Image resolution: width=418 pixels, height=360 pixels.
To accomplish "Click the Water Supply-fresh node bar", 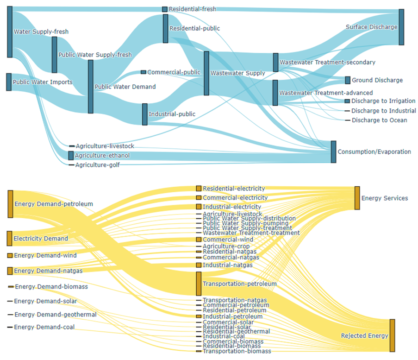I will [10, 32].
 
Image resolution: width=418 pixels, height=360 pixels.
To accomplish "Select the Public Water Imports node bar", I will [9, 82].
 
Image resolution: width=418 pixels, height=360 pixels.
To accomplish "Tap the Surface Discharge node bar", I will [401, 27].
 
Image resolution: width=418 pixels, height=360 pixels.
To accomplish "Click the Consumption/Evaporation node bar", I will [333, 152].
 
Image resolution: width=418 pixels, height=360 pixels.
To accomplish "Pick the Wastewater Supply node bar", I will [206, 73].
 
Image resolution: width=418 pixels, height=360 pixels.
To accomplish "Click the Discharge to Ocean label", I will [379, 120].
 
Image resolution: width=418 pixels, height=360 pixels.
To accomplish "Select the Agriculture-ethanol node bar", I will [71, 156].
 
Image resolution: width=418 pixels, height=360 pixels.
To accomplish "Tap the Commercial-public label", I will [174, 72].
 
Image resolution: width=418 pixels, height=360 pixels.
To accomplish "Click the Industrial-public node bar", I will [145, 114].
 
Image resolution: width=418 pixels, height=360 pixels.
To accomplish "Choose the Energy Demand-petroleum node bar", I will [10, 203].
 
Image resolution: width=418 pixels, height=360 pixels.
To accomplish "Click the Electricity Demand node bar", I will [9, 239].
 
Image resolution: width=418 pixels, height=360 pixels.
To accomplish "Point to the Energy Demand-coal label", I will [44, 327].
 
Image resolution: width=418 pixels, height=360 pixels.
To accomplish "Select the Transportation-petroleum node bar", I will [199, 284].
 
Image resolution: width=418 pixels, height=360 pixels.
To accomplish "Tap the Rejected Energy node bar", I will [392, 335].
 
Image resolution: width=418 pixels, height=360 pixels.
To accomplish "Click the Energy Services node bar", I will [357, 198].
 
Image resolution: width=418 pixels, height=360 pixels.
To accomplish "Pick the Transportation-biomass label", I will [237, 351].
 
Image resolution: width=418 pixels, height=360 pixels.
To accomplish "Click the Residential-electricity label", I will [234, 189].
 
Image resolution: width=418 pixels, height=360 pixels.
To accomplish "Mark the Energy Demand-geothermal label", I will [55, 315].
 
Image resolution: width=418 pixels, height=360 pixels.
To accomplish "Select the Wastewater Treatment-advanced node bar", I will [275, 93].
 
